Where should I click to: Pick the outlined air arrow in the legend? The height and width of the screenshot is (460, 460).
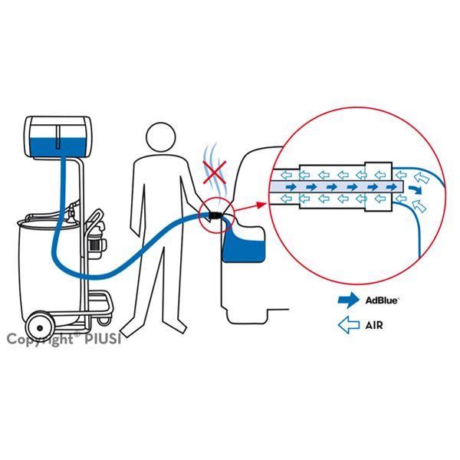click(349, 326)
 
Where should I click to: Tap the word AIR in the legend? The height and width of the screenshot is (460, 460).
click(375, 326)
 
